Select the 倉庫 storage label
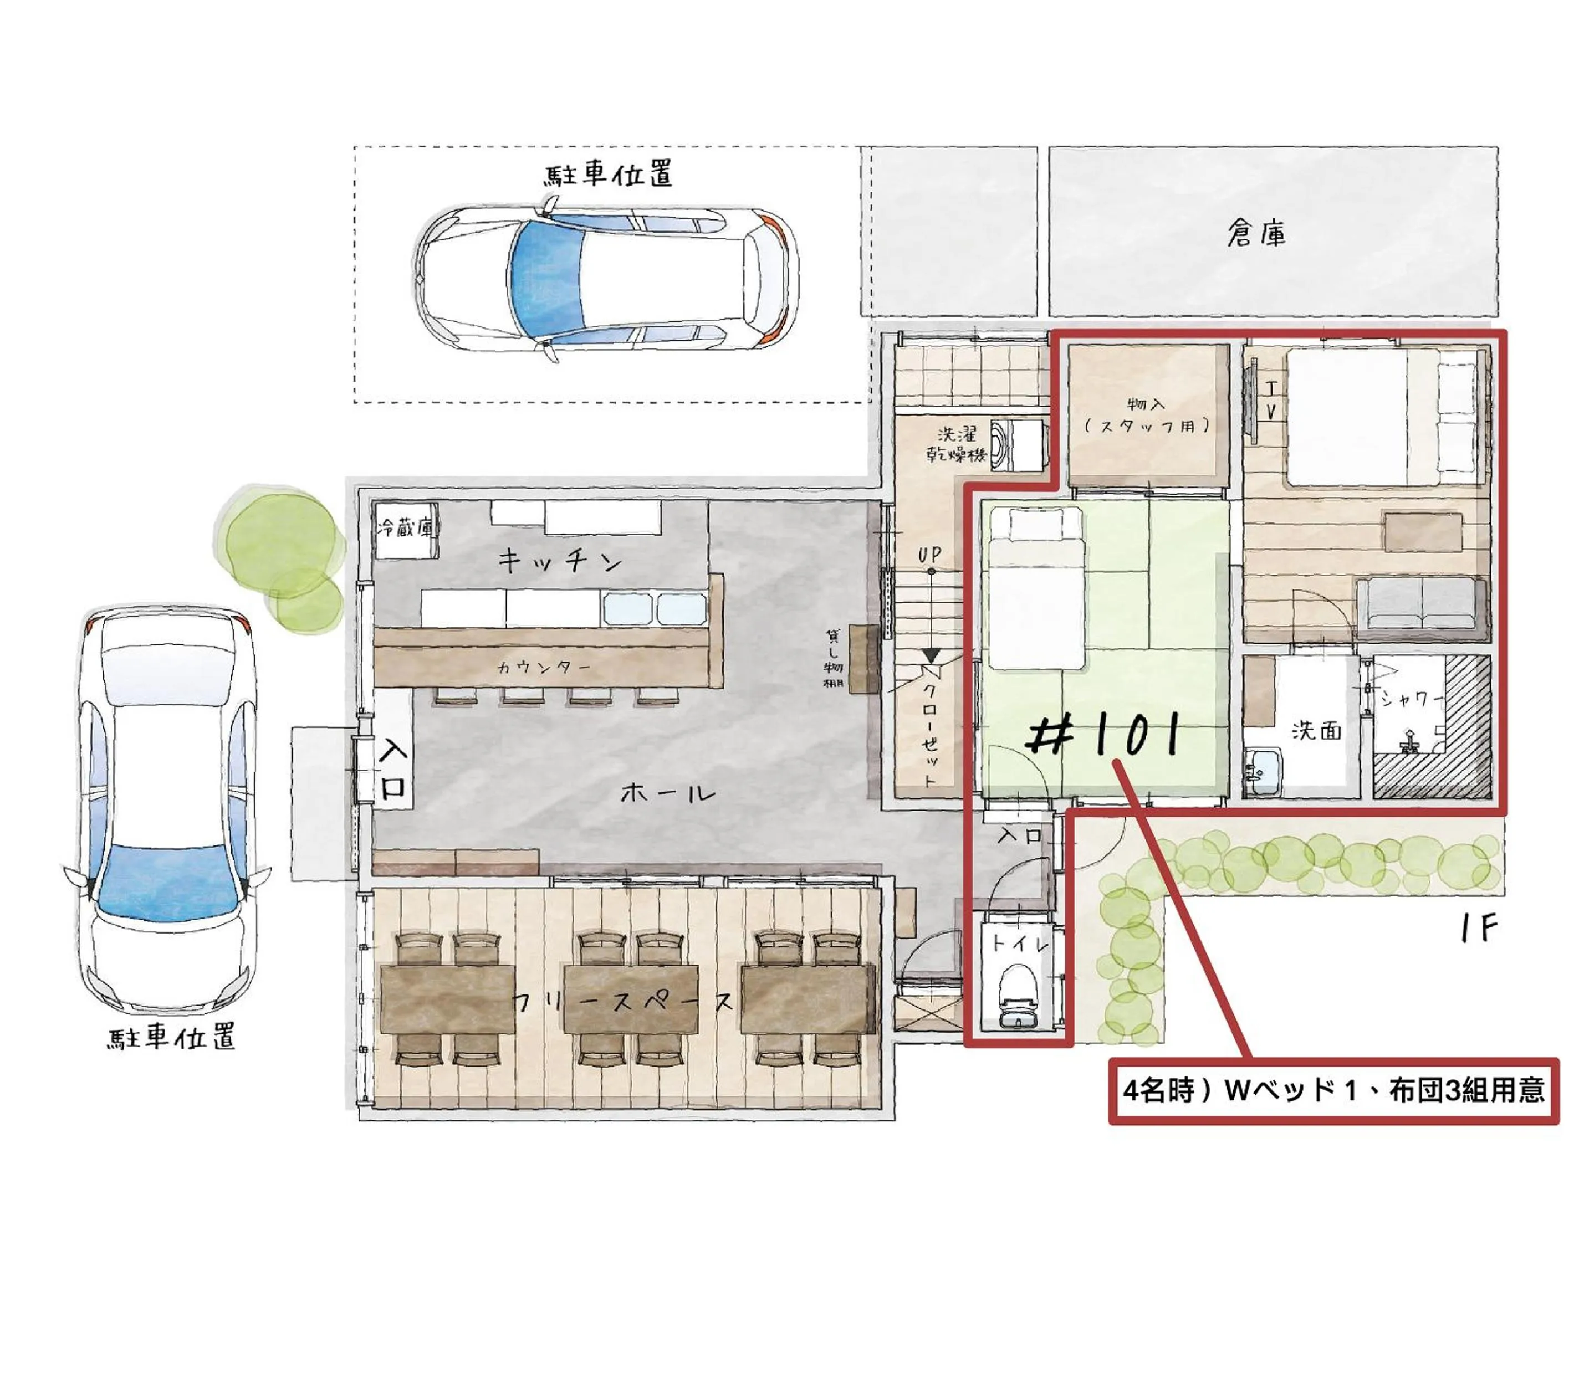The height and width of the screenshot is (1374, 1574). [x=1256, y=232]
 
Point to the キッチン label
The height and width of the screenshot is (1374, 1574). [x=559, y=561]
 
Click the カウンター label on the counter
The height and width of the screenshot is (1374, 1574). [x=544, y=667]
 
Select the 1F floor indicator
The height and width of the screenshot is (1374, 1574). [x=1478, y=929]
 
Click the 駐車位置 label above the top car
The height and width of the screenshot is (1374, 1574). [x=609, y=173]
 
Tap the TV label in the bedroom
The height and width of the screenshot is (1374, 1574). [x=1271, y=401]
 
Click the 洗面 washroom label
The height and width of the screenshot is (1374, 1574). [x=1316, y=730]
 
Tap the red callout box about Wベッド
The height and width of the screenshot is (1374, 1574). [x=1333, y=1090]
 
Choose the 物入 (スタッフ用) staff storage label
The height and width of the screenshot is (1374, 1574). [x=1147, y=415]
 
